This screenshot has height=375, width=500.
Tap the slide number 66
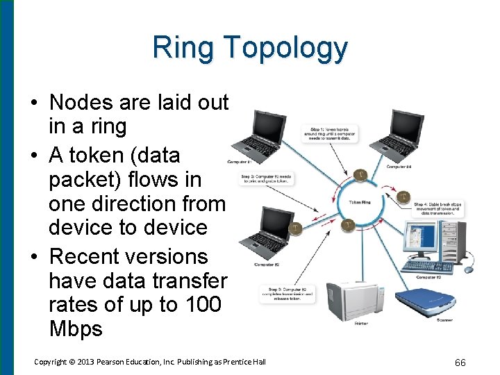(x=459, y=362)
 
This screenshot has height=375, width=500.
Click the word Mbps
(x=76, y=328)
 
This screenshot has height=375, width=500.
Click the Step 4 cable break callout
(x=437, y=208)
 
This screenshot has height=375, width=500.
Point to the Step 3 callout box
(x=287, y=294)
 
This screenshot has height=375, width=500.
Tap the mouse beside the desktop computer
(x=469, y=269)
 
